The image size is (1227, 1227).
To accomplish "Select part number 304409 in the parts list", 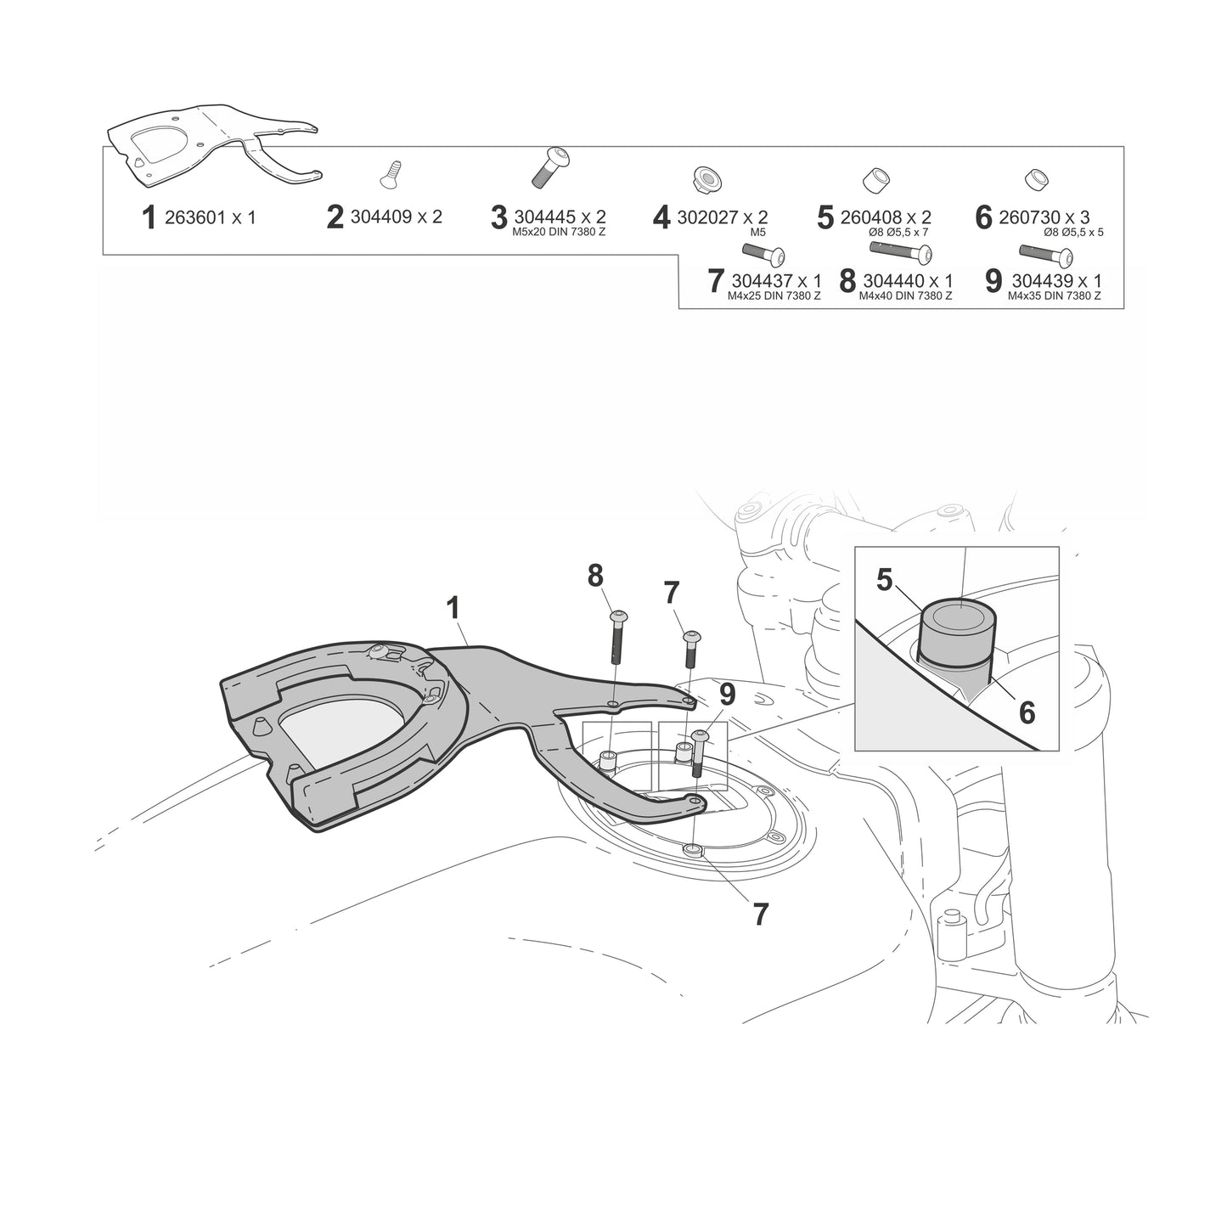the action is click(380, 217).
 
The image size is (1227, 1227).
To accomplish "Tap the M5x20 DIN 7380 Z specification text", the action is click(559, 233).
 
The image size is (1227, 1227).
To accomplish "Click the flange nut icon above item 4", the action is click(704, 179).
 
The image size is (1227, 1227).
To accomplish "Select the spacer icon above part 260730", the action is click(1037, 179).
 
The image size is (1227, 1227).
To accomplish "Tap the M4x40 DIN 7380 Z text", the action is click(905, 296).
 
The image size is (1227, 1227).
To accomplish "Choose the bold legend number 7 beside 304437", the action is click(717, 281).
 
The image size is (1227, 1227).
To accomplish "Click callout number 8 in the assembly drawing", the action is click(594, 576).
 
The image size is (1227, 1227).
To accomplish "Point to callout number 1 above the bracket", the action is click(453, 608).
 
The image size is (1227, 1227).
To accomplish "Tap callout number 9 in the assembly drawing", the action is click(727, 695).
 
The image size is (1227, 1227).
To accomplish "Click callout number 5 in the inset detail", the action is click(885, 580).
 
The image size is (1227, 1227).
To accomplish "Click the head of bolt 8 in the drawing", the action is click(618, 616).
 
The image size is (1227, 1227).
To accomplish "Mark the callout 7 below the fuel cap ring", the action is click(760, 915).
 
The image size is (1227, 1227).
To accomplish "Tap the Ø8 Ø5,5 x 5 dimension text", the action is click(1073, 233).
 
